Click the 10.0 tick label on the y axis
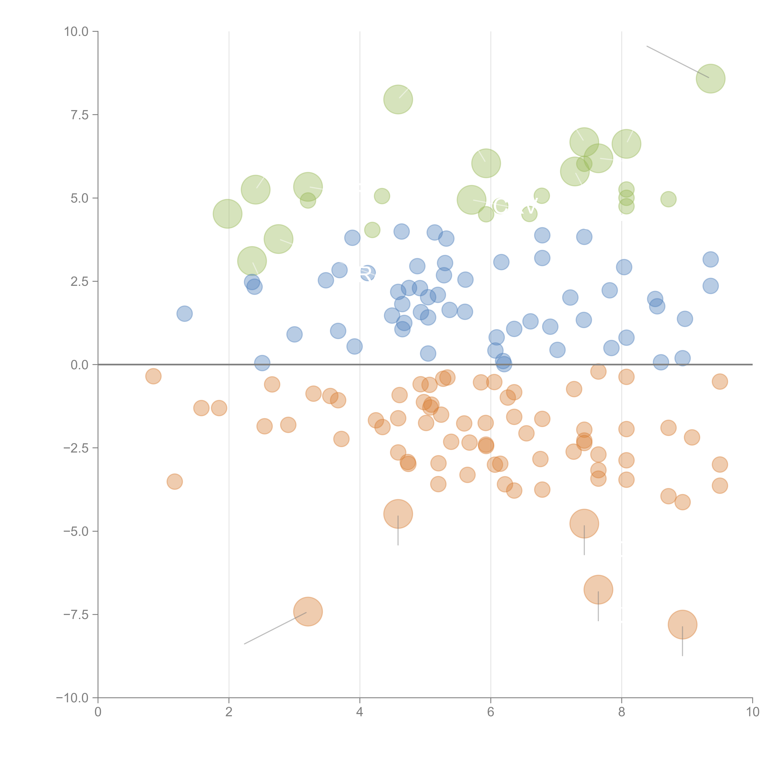(76, 32)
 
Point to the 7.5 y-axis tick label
(79, 115)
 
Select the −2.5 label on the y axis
(76, 448)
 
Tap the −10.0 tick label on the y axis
(73, 698)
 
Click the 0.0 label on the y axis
(79, 365)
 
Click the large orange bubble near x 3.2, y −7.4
(308, 612)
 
